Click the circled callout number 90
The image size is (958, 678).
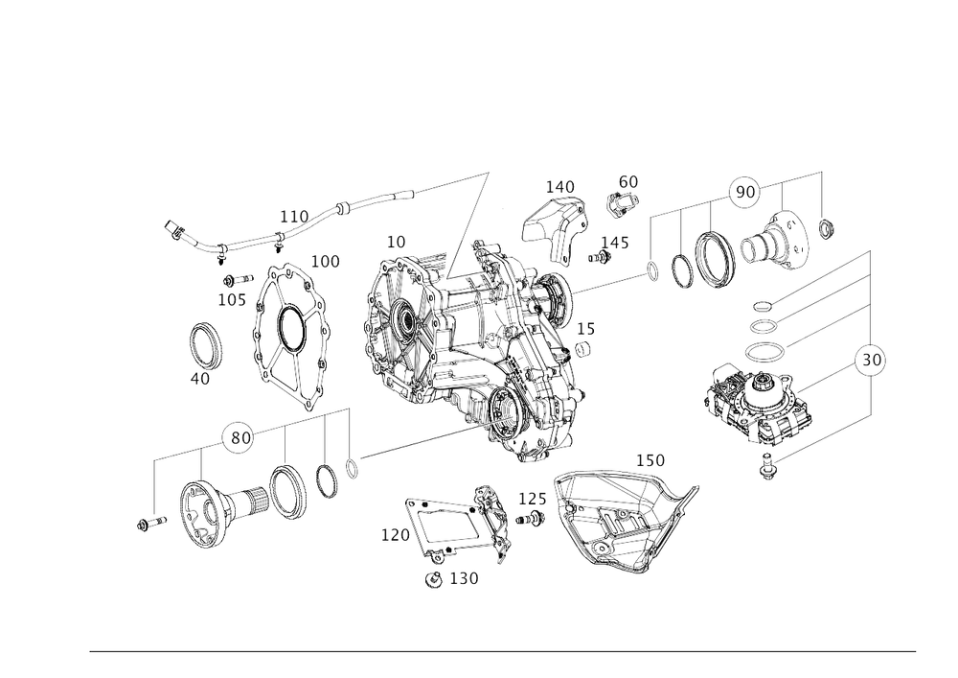(x=744, y=192)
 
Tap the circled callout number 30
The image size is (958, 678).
(x=871, y=360)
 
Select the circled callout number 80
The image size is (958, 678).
(x=240, y=437)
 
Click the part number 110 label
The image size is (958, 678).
(x=294, y=217)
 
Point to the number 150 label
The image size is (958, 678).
(x=650, y=460)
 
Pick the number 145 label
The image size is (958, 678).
(x=615, y=243)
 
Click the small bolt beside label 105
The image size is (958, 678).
(x=238, y=280)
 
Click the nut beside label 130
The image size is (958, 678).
(x=433, y=579)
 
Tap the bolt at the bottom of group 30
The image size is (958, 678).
(x=766, y=466)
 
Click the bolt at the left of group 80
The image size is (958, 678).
(x=151, y=524)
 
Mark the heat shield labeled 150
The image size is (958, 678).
(x=624, y=523)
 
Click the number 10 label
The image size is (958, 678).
(x=396, y=242)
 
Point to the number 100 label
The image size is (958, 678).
(x=326, y=262)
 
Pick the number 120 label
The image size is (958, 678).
(x=396, y=535)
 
